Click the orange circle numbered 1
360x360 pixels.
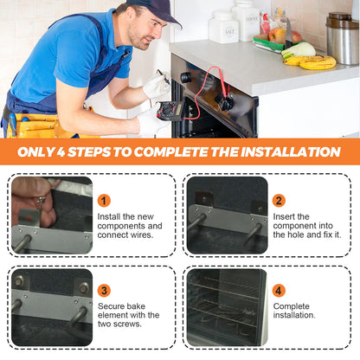[x=104, y=201]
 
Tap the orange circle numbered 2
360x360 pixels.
[x=279, y=201]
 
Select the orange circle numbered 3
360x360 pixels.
[x=104, y=291]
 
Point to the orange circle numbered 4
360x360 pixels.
[x=279, y=291]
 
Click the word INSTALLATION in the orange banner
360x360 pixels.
[x=291, y=152]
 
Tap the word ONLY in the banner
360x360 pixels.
[x=35, y=152]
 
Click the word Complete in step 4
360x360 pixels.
[x=292, y=306]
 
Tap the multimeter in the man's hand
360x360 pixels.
[x=170, y=111]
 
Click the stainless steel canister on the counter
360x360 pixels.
[x=343, y=38]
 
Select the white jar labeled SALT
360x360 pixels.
[x=224, y=28]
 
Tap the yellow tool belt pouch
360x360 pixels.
[x=37, y=125]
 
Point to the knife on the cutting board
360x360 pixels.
[x=288, y=33]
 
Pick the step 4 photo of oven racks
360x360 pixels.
[x=228, y=307]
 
